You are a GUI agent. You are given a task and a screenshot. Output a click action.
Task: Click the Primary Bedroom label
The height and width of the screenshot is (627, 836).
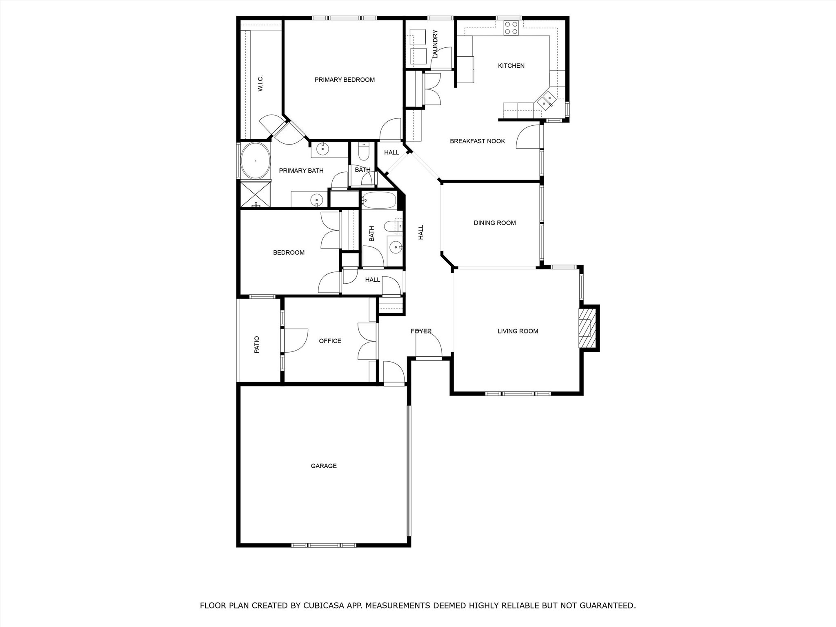click(345, 80)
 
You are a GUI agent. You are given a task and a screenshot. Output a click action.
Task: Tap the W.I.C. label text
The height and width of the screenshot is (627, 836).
click(260, 83)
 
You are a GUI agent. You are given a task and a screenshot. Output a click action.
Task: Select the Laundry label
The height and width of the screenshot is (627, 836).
click(435, 44)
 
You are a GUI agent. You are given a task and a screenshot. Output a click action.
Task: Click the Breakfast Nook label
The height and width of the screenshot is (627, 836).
click(477, 141)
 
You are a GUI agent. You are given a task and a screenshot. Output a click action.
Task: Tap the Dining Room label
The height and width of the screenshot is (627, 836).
click(495, 223)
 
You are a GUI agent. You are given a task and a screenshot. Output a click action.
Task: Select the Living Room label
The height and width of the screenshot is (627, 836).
click(518, 331)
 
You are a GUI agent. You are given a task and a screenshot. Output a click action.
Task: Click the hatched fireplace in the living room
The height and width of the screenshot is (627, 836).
click(587, 328)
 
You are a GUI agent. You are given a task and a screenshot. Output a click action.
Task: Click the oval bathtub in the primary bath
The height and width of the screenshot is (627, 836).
click(255, 161)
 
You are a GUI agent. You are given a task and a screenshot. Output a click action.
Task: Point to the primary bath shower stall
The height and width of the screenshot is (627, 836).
click(255, 195)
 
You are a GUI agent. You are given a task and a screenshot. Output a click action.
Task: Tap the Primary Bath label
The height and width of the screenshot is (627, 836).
click(301, 171)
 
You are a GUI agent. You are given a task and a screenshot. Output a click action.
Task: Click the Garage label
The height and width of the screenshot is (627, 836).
click(324, 466)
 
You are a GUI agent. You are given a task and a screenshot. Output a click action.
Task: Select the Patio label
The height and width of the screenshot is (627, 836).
click(257, 345)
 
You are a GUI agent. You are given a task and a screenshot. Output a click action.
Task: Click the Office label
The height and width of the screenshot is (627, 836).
click(330, 341)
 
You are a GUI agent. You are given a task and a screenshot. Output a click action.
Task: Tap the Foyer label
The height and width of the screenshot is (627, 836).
click(421, 331)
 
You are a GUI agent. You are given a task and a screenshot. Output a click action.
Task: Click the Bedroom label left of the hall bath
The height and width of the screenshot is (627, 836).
click(289, 253)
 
